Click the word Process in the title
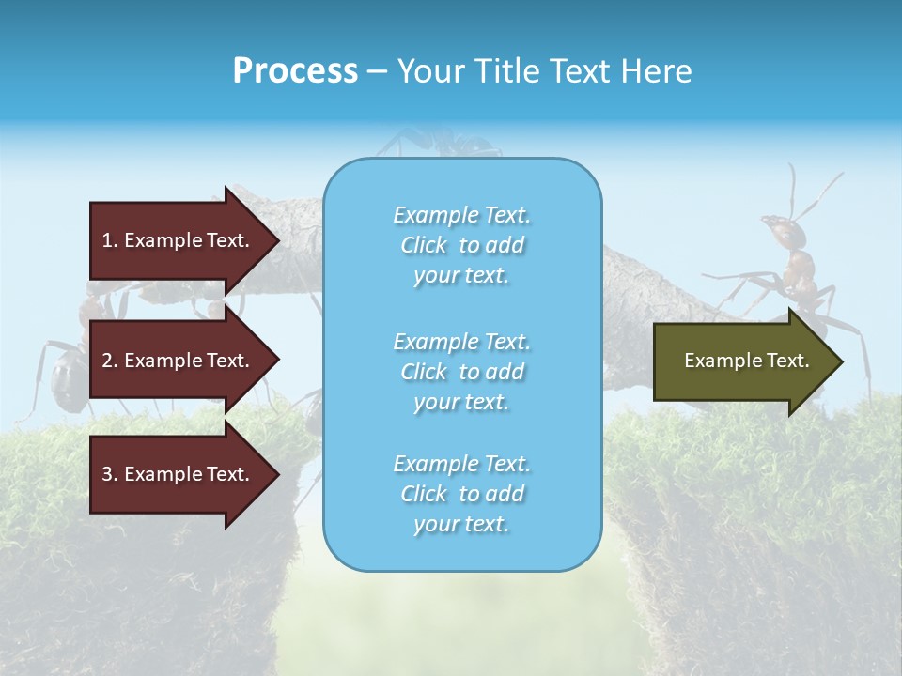point(295,71)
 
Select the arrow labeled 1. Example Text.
point(179,240)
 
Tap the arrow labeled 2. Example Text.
point(179,361)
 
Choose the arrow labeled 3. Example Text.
point(179,474)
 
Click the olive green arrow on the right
point(742,361)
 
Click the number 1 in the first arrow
point(107,240)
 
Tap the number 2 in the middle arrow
point(107,361)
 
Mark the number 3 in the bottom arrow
point(107,474)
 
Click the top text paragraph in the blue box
point(461,245)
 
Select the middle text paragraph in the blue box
point(461,372)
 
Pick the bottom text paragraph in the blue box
point(461,494)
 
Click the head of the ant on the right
point(774,225)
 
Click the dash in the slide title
point(377,71)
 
